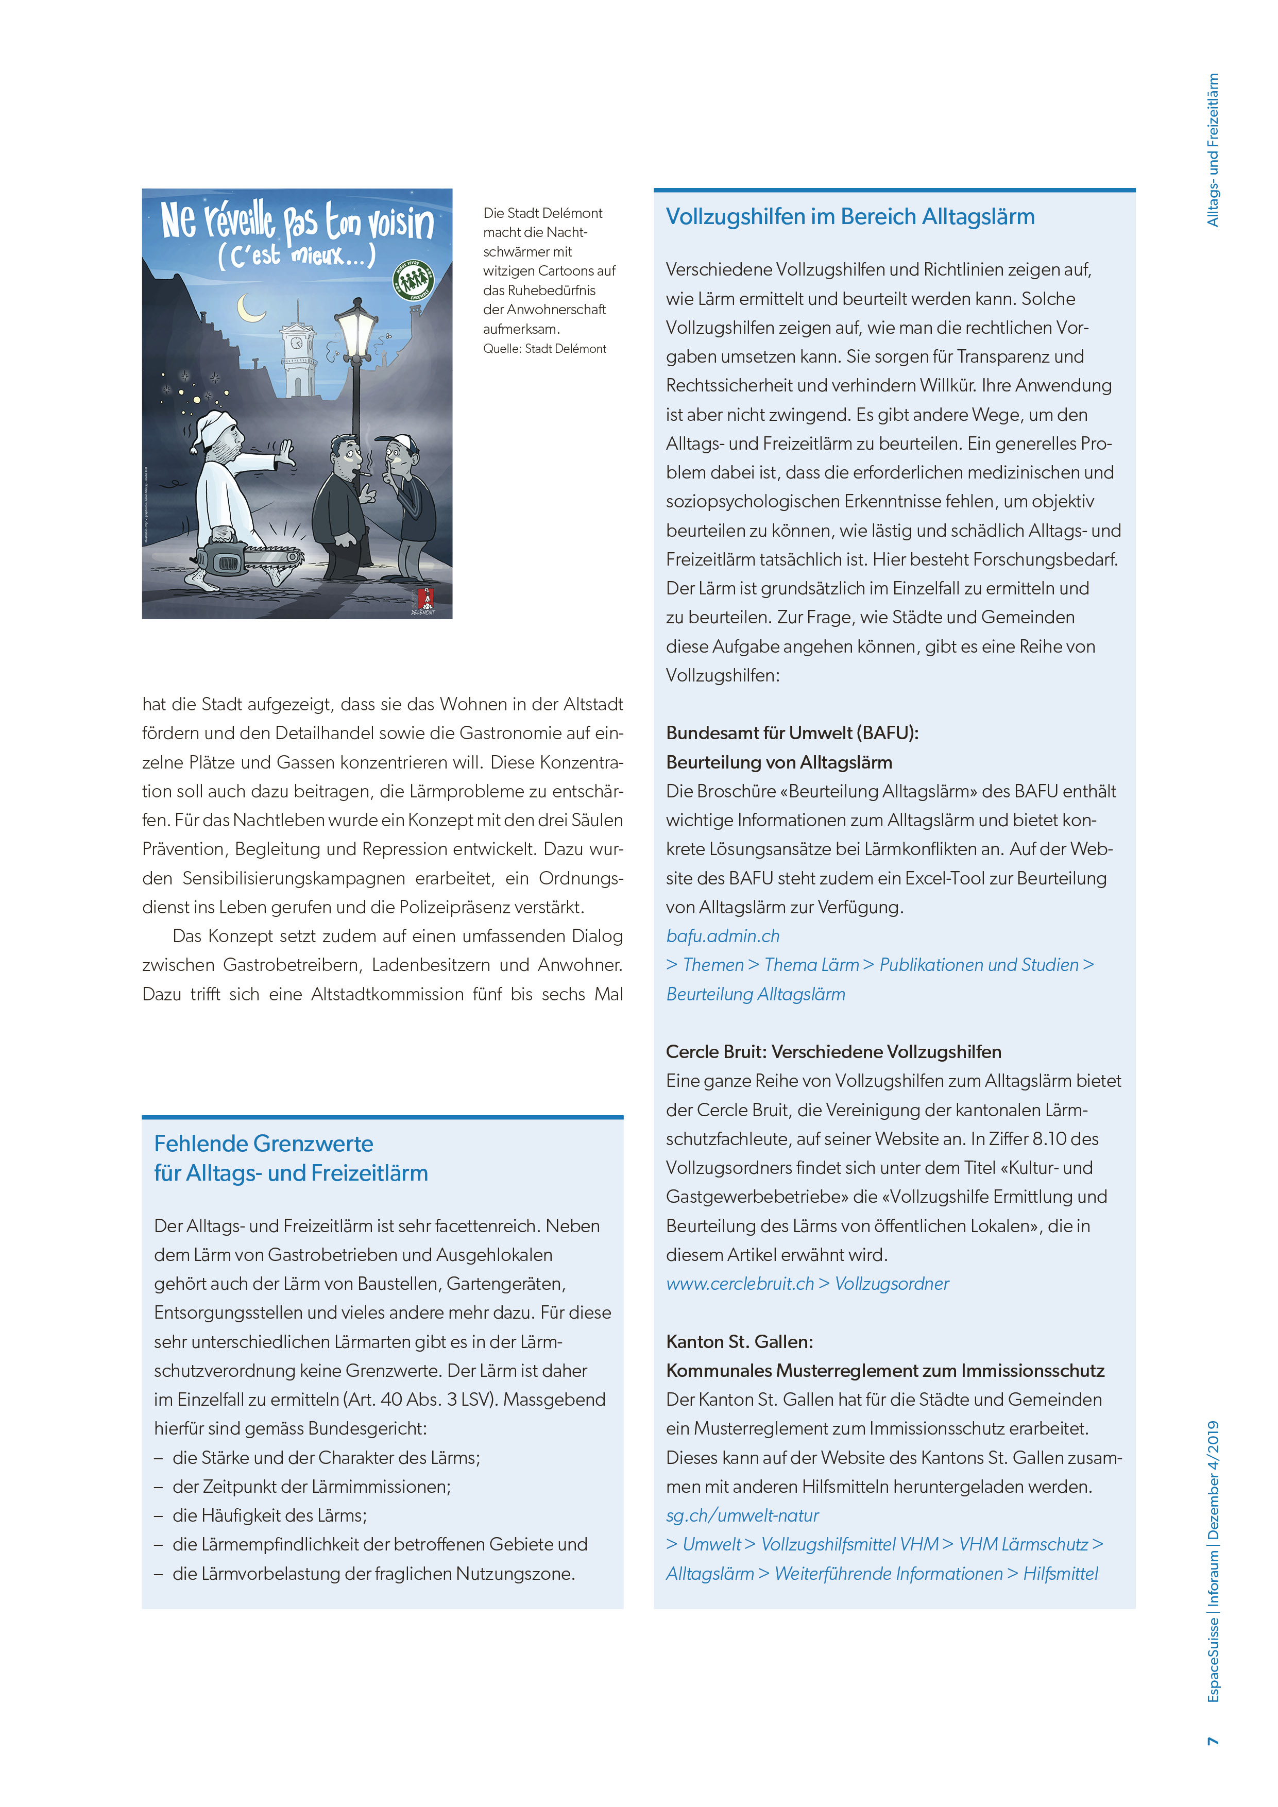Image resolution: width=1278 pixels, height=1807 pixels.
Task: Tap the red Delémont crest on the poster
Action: tap(425, 598)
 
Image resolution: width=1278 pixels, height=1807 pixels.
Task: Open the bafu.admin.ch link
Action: tap(722, 936)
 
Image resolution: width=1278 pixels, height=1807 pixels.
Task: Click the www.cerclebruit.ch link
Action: tap(740, 1284)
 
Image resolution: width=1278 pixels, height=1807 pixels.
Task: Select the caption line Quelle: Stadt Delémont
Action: tap(544, 349)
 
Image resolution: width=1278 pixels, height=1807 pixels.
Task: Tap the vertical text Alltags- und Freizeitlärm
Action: tap(1213, 149)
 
